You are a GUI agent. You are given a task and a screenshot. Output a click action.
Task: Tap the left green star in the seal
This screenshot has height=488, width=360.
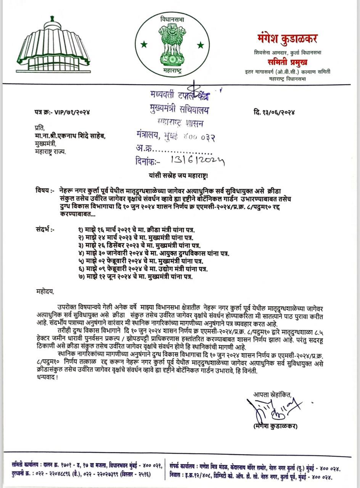[x=144, y=45]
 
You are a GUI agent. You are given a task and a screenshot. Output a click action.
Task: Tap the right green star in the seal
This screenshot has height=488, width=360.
[x=200, y=45]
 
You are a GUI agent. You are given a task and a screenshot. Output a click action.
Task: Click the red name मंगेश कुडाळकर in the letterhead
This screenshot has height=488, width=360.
[x=287, y=39]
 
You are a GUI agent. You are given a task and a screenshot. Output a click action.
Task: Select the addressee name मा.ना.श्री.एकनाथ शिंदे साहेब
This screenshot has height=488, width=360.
[x=69, y=137]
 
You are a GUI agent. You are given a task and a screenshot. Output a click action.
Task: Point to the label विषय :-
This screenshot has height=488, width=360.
[x=45, y=190]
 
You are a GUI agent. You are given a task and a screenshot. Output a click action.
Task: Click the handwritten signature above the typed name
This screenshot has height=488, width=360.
[x=276, y=409]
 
